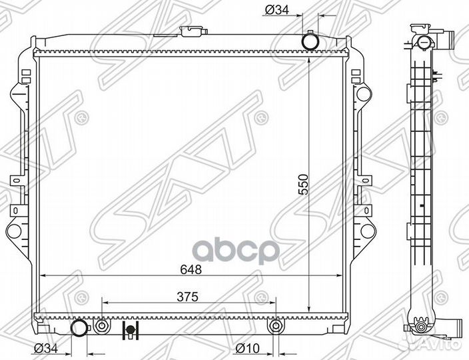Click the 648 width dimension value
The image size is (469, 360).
[191, 269]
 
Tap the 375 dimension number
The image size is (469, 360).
[188, 297]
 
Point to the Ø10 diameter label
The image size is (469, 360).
[247, 348]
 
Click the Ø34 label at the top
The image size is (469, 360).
[276, 11]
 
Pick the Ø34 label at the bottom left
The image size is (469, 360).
[45, 348]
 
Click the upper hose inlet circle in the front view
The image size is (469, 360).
[310, 41]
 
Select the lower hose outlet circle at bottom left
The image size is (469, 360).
[79, 328]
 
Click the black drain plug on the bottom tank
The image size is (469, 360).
[130, 330]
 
